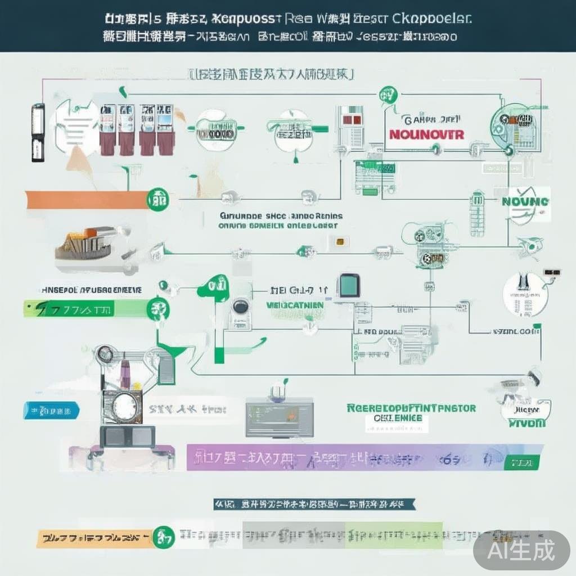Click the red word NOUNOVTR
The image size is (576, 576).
point(426,136)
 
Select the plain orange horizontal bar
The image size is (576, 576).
point(84,200)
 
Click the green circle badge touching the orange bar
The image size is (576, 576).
point(156,199)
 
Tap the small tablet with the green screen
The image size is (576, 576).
point(349,286)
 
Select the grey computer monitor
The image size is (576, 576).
point(280,417)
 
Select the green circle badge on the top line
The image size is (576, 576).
point(386,93)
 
